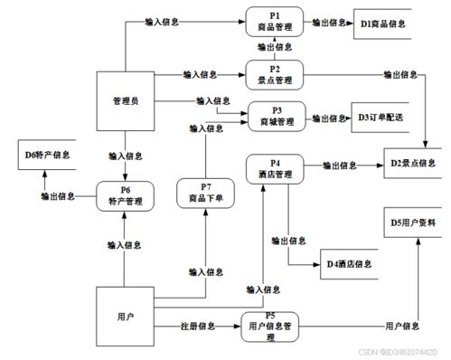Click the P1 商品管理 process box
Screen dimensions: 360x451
[x=275, y=22]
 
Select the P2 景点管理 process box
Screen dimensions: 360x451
[x=275, y=73]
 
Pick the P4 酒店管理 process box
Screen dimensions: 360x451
[x=275, y=168]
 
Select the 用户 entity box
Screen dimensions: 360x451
[x=125, y=317]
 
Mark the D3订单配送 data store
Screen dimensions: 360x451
[x=379, y=118]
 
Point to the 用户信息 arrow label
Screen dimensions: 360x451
[x=402, y=324]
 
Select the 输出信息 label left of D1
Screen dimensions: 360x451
[x=326, y=21]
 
